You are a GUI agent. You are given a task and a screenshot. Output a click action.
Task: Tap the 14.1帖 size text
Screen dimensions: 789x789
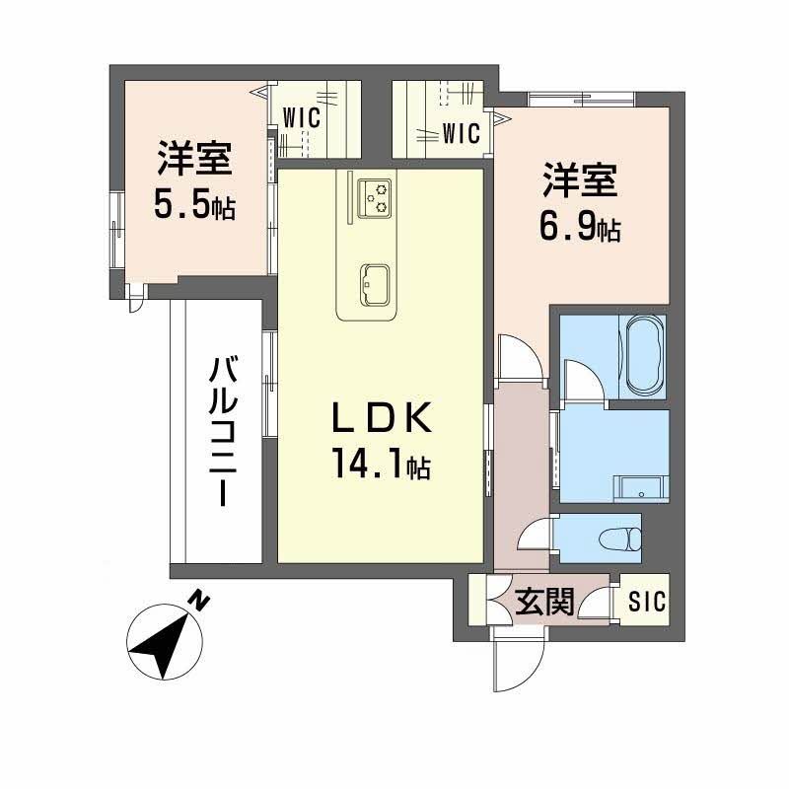point(381,463)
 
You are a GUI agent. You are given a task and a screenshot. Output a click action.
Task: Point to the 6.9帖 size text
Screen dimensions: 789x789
point(580,229)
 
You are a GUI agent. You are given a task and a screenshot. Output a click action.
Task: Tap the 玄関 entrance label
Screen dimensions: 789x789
point(543,601)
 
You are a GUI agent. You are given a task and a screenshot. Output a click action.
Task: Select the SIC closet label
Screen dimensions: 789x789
point(646,601)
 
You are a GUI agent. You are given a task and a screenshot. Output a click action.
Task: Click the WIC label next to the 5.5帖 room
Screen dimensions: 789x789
point(301,116)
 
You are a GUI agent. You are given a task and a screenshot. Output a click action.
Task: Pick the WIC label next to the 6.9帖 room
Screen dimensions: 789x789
point(460,130)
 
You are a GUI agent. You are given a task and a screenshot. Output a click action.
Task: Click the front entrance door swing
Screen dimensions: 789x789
point(518,665)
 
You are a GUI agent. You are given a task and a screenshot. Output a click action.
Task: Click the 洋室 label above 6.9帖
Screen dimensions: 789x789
point(579,183)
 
